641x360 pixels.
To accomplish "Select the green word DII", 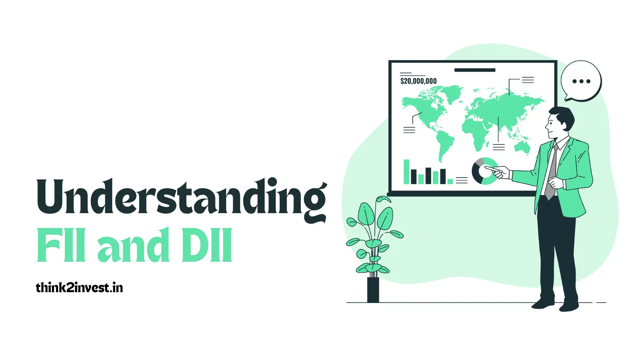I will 210,245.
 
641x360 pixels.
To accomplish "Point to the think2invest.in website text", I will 79,288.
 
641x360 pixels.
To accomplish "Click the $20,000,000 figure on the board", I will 418,81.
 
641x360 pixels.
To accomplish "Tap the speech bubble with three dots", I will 581,81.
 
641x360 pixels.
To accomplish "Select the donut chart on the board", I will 483,171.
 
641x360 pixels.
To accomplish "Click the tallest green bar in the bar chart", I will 406,172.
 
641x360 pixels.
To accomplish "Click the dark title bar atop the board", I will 475,70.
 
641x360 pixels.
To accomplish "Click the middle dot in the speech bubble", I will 581,81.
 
